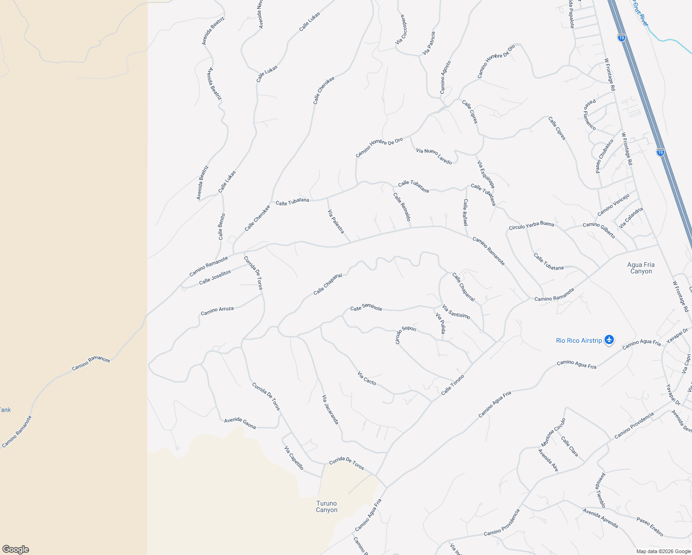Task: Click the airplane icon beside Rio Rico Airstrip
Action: coord(609,340)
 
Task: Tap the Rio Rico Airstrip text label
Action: coord(579,341)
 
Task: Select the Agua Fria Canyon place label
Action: coord(641,268)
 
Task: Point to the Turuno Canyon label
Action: coord(327,507)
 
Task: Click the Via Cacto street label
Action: coord(367,378)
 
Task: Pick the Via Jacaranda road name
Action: coord(330,410)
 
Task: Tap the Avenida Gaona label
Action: coord(240,423)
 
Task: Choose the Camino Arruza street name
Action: coord(217,311)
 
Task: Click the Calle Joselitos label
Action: coord(215,277)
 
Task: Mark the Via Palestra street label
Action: coord(336,222)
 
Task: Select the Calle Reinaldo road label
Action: coord(402,207)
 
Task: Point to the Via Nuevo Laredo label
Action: coord(434,156)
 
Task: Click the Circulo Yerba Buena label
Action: coord(531,226)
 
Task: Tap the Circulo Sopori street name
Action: coord(405,334)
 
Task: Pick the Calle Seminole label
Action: coord(366,308)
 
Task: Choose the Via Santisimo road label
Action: coord(456,312)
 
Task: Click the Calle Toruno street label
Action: coord(452,385)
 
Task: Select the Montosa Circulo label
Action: coord(553,432)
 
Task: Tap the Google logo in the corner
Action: coord(15,549)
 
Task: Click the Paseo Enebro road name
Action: coord(649,527)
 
